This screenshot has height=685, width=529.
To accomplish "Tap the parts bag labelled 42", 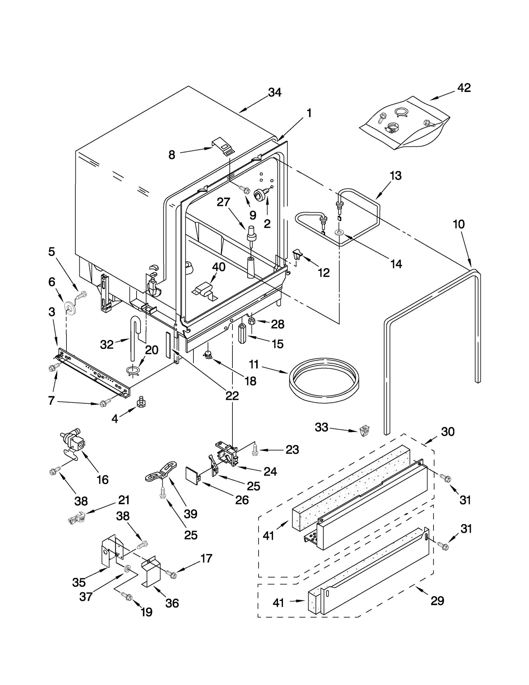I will pyautogui.click(x=405, y=123).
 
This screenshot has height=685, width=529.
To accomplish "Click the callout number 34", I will pyautogui.click(x=274, y=92).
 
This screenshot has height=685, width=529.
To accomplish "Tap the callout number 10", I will pyautogui.click(x=459, y=224).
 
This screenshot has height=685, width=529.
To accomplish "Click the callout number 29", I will pyautogui.click(x=437, y=601).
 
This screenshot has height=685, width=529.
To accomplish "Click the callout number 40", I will pyautogui.click(x=219, y=267).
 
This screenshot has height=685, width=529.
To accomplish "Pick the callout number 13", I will pyautogui.click(x=395, y=175).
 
